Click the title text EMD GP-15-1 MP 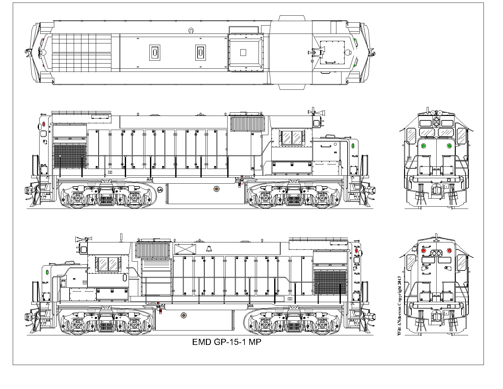coord(227,342)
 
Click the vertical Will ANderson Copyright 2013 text coord(399,306)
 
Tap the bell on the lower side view coord(209,249)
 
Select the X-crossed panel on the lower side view coord(185,249)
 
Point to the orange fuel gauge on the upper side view coord(216,189)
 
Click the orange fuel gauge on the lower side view coord(183,315)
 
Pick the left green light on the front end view coord(424,146)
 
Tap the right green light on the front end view coord(449,146)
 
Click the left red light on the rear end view coord(424,250)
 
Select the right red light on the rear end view coord(449,250)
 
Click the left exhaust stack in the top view coord(155,53)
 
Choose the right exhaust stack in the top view coord(200,53)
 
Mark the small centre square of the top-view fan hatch coord(243,53)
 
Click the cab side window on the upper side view coord(292,138)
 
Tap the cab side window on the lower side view coord(108,264)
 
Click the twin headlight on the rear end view coord(436,254)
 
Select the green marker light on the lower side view coord(47,272)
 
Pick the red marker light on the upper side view coord(44,124)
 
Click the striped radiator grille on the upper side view coord(247,124)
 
